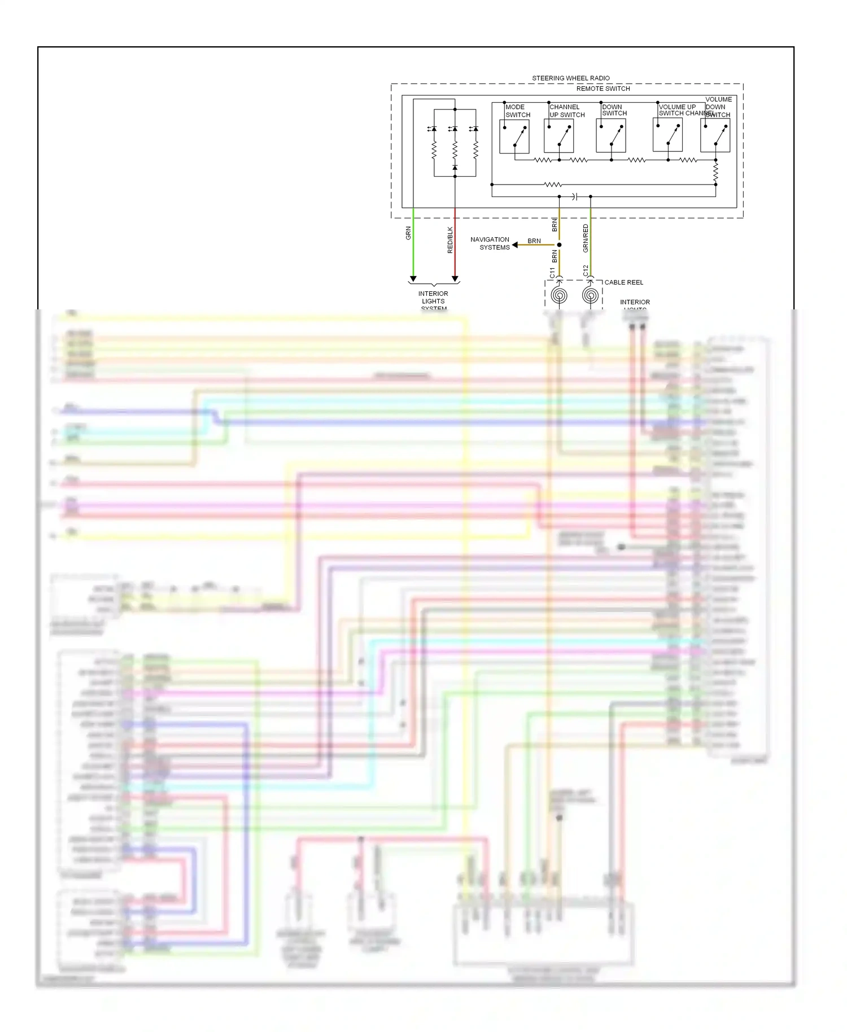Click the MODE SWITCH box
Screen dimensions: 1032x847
coord(514,137)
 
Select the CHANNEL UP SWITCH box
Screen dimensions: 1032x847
coord(558,137)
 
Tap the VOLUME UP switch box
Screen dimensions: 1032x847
coord(667,136)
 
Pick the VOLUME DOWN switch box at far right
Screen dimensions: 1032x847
coord(715,137)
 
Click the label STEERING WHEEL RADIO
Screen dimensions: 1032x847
coord(570,78)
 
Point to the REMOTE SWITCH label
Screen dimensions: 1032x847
coord(603,89)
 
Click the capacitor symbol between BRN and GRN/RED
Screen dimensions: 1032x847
coord(574,196)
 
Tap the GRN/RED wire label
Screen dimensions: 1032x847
coord(586,238)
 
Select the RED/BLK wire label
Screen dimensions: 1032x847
coord(450,239)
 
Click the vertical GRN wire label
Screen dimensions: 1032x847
coord(408,233)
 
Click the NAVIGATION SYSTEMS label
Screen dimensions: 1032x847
coord(490,243)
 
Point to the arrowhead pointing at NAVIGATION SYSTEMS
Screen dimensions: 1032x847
coord(515,245)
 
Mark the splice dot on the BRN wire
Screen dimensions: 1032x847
coord(559,245)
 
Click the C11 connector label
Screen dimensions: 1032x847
coord(552,272)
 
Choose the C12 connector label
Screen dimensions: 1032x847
coord(586,270)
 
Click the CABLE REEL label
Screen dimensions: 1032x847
coord(623,282)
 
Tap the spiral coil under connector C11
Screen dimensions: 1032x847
coord(559,295)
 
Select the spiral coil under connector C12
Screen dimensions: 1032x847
coord(590,295)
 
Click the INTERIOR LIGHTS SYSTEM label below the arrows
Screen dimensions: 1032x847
coord(433,300)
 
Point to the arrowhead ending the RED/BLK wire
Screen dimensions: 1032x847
coord(455,279)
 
